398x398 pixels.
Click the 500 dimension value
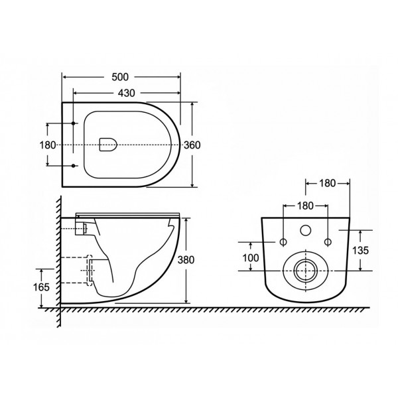(x=120, y=77)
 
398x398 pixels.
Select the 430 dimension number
(x=127, y=93)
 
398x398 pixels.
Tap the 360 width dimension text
(x=192, y=145)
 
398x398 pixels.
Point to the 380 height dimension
(x=186, y=260)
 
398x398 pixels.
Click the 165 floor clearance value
(x=41, y=287)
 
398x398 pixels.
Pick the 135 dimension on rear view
(x=360, y=251)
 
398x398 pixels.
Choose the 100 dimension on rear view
(x=251, y=258)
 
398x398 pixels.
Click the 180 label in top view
(x=48, y=145)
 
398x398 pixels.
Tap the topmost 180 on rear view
(x=328, y=183)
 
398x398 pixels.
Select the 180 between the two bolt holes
(x=305, y=206)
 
